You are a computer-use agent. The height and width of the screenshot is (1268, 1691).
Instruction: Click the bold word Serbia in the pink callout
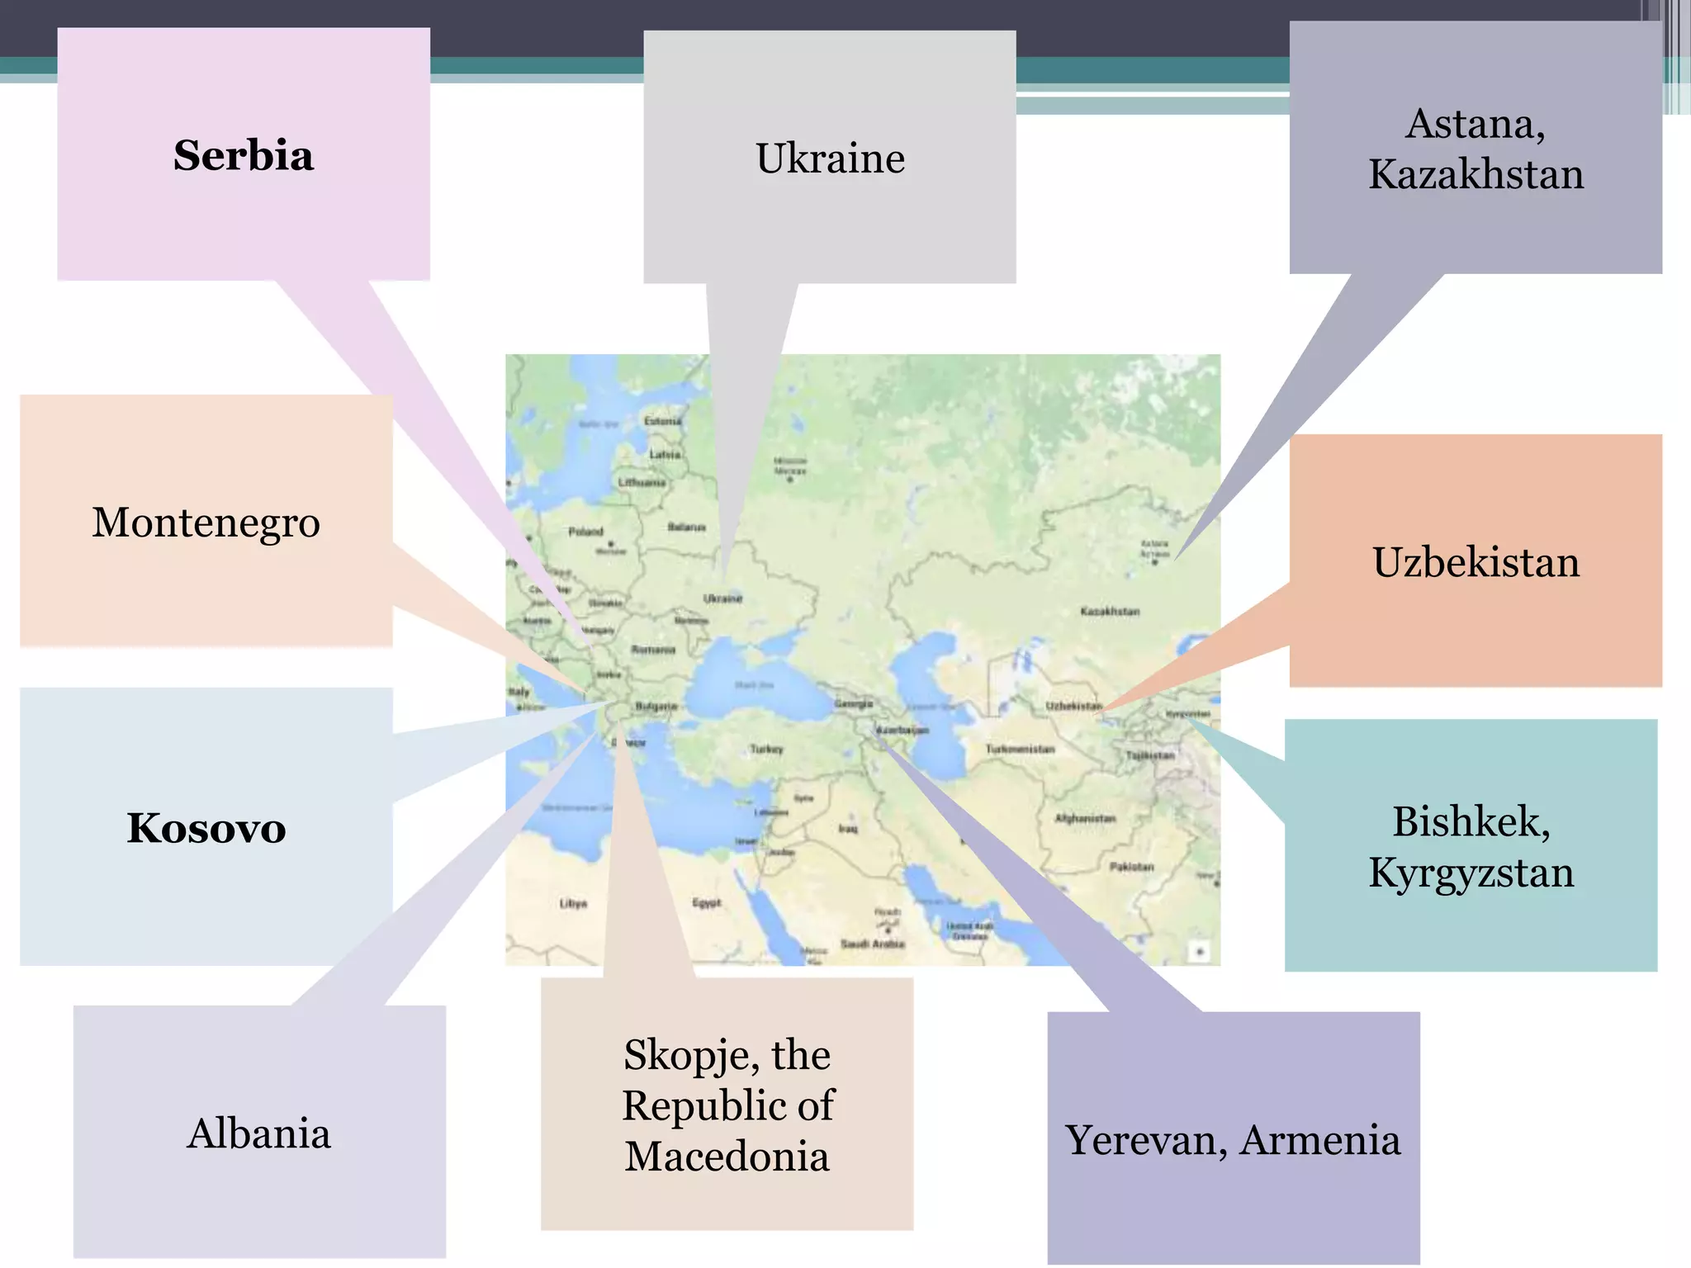pyautogui.click(x=244, y=156)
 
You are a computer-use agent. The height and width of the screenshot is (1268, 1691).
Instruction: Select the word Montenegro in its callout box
pyautogui.click(x=206, y=523)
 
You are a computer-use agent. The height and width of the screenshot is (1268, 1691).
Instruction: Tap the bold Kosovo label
pyautogui.click(x=206, y=828)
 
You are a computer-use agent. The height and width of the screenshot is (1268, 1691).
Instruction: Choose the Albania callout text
pyautogui.click(x=259, y=1133)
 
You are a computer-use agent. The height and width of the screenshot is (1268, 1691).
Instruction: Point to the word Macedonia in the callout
pyautogui.click(x=727, y=1157)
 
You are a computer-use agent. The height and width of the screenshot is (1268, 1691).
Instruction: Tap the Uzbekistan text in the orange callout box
pyautogui.click(x=1475, y=563)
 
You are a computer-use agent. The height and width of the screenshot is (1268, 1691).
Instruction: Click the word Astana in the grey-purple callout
pyautogui.click(x=1475, y=125)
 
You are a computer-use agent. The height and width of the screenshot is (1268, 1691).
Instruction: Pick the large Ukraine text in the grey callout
pyautogui.click(x=830, y=158)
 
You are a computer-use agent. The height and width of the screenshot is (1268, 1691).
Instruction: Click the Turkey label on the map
pyautogui.click(x=766, y=749)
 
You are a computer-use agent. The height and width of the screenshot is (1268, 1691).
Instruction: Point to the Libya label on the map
pyautogui.click(x=573, y=903)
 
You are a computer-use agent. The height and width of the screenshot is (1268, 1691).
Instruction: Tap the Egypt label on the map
pyautogui.click(x=707, y=902)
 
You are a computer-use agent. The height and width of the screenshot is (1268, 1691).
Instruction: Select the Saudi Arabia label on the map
pyautogui.click(x=873, y=944)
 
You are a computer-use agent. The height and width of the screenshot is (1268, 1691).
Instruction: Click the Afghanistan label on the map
pyautogui.click(x=1085, y=818)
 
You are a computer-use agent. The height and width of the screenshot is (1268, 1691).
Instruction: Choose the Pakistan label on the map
pyautogui.click(x=1131, y=867)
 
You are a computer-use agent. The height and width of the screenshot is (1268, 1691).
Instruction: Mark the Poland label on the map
pyautogui.click(x=585, y=532)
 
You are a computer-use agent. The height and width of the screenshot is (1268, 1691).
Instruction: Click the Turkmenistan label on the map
pyautogui.click(x=1020, y=749)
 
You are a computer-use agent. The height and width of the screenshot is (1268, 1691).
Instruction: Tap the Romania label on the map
pyautogui.click(x=653, y=650)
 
